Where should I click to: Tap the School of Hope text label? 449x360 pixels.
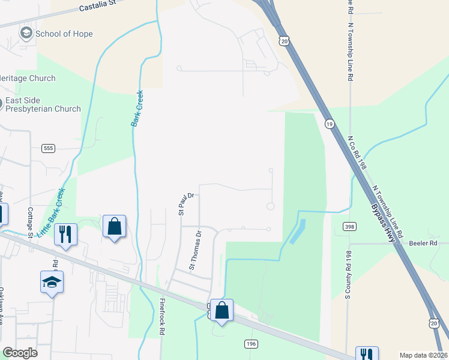pyautogui.click(x=64, y=34)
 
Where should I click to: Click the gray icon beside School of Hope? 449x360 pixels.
pyautogui.click(x=26, y=33)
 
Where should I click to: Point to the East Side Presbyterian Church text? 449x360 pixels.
pyautogui.click(x=43, y=104)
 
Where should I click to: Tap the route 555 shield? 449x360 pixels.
pyautogui.click(x=49, y=148)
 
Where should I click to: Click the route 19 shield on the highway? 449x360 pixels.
pyautogui.click(x=330, y=124)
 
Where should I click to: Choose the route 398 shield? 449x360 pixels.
pyautogui.click(x=349, y=226)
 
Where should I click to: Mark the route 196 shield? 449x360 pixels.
pyautogui.click(x=251, y=343)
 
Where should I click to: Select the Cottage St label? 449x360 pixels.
pyautogui.click(x=29, y=222)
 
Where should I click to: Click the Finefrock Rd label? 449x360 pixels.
pyautogui.click(x=162, y=317)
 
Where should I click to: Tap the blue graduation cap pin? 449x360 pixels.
pyautogui.click(x=52, y=281)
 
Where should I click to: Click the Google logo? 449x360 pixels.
pyautogui.click(x=19, y=353)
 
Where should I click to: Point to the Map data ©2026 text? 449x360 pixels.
pyautogui.click(x=423, y=355)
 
